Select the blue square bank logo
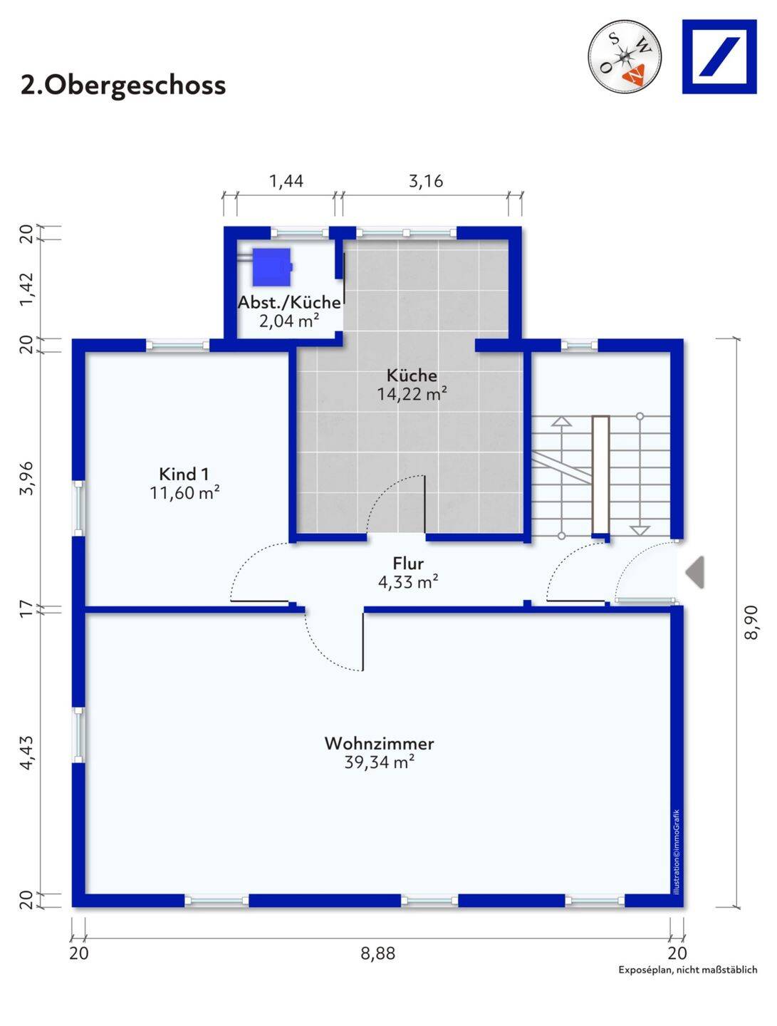tap(719, 56)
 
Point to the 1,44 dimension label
tap(286, 181)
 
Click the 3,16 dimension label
tap(426, 181)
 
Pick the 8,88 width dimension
tap(378, 953)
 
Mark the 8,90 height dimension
tap(751, 622)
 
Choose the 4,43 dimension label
tap(27, 752)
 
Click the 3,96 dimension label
tap(27, 478)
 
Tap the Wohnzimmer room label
tap(380, 742)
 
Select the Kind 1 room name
tap(184, 474)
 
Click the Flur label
tap(408, 564)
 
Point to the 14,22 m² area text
tap(412, 393)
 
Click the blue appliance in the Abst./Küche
tap(273, 267)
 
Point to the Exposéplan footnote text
tap(688, 970)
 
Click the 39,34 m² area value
tap(380, 762)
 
